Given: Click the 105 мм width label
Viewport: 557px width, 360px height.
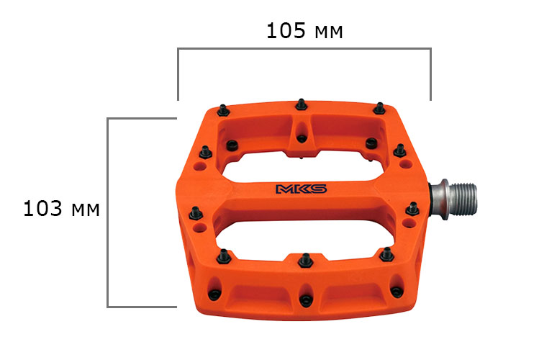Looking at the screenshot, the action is coord(304,30).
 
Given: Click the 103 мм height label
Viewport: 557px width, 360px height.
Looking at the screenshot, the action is coord(61,208).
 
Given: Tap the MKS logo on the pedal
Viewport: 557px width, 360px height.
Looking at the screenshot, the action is coord(302,189).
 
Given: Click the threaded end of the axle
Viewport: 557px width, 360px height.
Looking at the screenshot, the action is coord(464,199).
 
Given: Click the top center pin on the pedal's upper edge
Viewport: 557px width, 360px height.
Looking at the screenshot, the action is coord(302,104).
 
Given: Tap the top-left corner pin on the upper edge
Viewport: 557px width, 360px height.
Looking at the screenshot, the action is coord(223,111).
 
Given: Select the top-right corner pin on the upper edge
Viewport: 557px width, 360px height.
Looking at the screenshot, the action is coord(379,109).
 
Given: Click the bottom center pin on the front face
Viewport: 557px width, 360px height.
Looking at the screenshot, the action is coord(306,301).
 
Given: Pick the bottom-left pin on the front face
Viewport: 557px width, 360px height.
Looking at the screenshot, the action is coord(214,294).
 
